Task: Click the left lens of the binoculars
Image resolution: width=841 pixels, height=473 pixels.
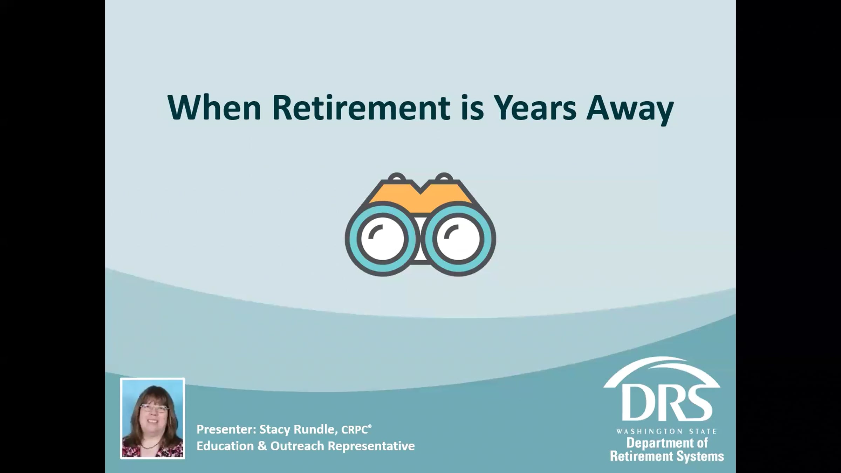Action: (x=383, y=239)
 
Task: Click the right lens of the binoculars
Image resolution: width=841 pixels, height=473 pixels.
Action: (x=458, y=239)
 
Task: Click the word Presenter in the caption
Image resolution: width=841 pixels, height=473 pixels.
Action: (x=226, y=429)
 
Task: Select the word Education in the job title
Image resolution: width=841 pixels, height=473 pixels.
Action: (x=225, y=446)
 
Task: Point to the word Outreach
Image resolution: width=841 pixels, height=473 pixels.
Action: (x=297, y=446)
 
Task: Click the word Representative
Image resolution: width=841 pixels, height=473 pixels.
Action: (x=371, y=446)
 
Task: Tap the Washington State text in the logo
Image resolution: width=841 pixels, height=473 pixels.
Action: (x=666, y=431)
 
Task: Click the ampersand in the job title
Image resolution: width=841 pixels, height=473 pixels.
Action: (x=261, y=446)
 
